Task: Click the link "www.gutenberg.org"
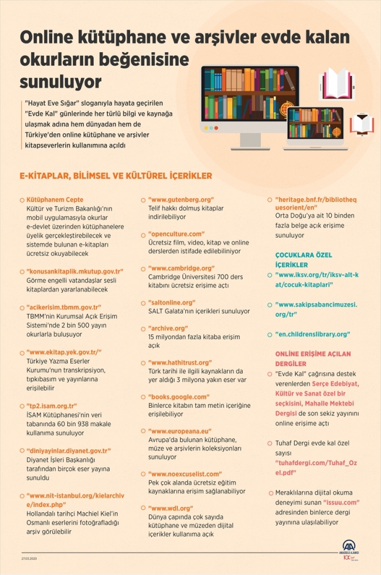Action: [181, 199]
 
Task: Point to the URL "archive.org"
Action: [169, 328]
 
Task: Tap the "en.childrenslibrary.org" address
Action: [312, 334]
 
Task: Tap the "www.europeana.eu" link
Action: [179, 431]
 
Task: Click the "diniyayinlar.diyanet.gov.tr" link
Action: [69, 450]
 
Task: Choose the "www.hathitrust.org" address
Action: [179, 362]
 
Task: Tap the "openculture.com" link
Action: [176, 234]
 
